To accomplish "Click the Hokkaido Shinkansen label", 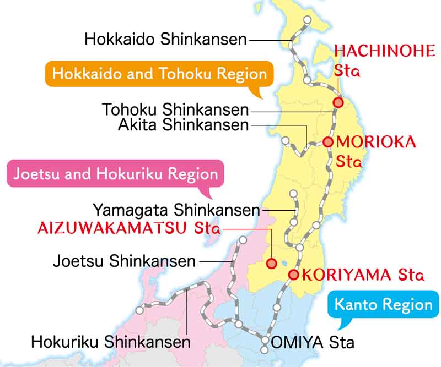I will tap(165, 39).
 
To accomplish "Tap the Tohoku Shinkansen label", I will tap(175, 109).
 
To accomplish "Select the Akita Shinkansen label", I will tap(183, 125).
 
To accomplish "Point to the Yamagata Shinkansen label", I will tap(176, 210).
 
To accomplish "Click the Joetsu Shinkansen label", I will tap(124, 260).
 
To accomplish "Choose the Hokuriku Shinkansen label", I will tap(110, 342).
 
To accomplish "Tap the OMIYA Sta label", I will tap(311, 342).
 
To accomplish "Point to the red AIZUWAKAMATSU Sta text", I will tap(128, 228).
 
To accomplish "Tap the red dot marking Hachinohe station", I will tap(338, 102).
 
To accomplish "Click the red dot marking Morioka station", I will tap(328, 142).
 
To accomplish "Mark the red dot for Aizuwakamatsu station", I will tap(271, 264).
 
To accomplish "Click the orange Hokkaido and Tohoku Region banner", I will tap(159, 74).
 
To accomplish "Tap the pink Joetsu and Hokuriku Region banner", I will tap(115, 174).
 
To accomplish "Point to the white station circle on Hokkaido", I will tap(307, 20).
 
